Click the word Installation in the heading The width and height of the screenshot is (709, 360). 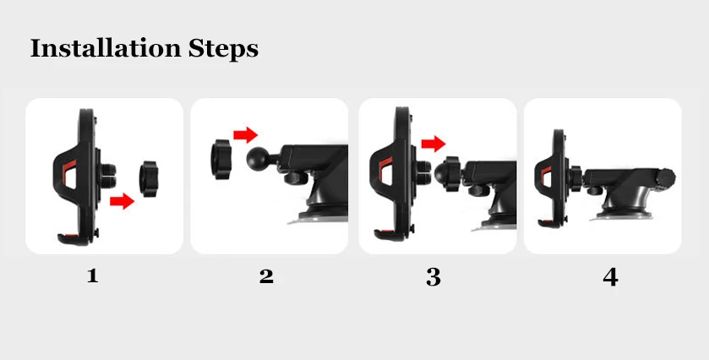pos(106,48)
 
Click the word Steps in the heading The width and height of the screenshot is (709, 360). pos(223,49)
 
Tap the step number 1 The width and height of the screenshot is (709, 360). pos(93,275)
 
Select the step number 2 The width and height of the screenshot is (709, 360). pos(266,276)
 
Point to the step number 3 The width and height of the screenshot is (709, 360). pos(434,277)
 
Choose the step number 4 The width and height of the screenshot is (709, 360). pos(610,277)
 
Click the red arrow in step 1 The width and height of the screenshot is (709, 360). pos(122,201)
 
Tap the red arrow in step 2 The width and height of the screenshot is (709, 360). pos(246,134)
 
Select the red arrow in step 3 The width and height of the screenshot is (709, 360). pos(434,144)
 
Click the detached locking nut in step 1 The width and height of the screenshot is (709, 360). pos(149,178)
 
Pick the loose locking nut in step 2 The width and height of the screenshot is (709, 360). pos(221,159)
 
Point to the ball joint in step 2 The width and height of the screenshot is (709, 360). pos(259,159)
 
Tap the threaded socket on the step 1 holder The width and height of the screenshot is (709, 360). pos(107,176)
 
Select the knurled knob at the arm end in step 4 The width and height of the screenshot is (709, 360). pos(666,177)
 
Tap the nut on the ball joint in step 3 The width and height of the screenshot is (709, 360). pos(452,174)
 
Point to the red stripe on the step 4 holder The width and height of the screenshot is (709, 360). pos(546,175)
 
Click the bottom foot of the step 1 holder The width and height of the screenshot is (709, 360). pos(73,239)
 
